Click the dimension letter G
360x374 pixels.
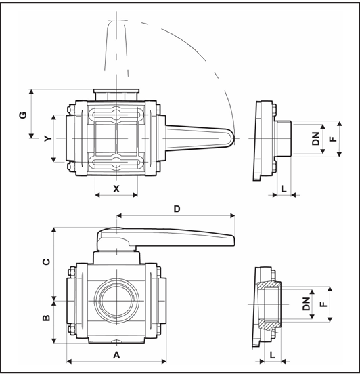[x=23, y=115]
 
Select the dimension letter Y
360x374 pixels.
[x=48, y=138]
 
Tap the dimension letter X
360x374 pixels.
[x=116, y=189]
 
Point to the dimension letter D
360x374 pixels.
[x=177, y=209]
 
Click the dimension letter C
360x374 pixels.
[x=47, y=262]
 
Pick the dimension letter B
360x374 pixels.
[x=47, y=318]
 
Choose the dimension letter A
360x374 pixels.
[x=116, y=355]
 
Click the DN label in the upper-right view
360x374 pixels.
[x=316, y=139]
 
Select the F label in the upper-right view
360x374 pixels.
[x=334, y=139]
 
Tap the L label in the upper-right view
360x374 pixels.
[x=284, y=189]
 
